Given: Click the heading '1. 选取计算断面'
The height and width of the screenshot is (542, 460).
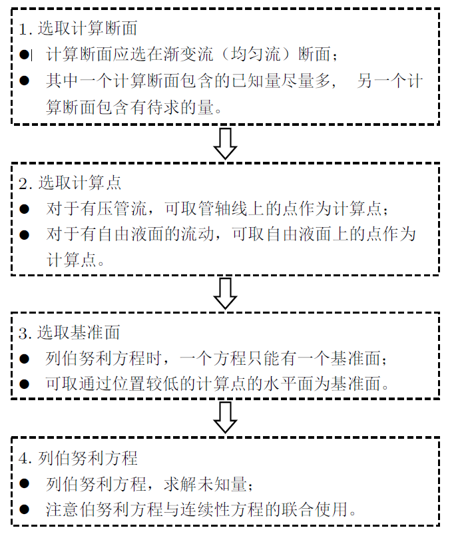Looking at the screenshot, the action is [x=78, y=29].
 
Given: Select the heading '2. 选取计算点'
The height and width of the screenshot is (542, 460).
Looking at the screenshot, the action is [x=70, y=183].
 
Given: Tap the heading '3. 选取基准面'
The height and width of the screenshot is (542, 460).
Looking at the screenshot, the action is [x=69, y=333].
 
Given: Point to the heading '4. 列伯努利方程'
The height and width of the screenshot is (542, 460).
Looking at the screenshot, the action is [x=78, y=458].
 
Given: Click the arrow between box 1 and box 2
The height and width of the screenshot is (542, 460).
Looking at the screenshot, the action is [x=225, y=143].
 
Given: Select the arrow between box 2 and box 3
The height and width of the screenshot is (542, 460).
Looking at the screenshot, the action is [x=225, y=294].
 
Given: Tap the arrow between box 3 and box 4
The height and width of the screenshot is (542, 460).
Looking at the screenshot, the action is [x=225, y=417].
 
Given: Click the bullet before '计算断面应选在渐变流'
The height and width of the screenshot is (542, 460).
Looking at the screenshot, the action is [x=24, y=55].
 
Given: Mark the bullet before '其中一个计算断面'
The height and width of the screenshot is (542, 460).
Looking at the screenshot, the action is [x=24, y=81].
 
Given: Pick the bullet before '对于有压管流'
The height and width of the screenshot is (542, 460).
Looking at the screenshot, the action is [x=24, y=209].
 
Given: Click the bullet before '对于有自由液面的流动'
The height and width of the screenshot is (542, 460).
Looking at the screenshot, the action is [x=24, y=234].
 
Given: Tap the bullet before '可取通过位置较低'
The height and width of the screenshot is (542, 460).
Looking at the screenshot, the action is [x=24, y=384].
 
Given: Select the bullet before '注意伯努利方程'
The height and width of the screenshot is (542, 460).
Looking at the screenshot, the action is [x=24, y=509].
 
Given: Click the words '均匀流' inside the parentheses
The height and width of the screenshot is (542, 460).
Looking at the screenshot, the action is [x=256, y=55].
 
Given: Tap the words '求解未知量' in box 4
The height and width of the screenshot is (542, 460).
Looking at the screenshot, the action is [x=205, y=484].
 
